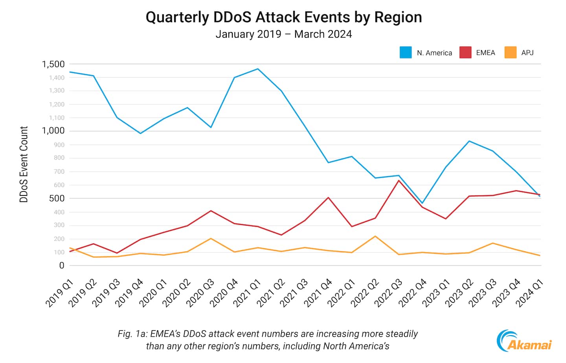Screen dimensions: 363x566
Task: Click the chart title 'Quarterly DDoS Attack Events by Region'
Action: pyautogui.click(x=283, y=17)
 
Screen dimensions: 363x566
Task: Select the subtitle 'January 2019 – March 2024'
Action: pyautogui.click(x=283, y=34)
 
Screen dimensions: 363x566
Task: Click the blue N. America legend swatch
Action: pyautogui.click(x=406, y=53)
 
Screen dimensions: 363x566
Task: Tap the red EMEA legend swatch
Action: pyautogui.click(x=465, y=53)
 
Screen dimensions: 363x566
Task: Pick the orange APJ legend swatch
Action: pyautogui.click(x=510, y=53)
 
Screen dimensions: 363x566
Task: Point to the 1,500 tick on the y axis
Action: pyautogui.click(x=53, y=64)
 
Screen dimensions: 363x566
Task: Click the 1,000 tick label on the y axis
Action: pyautogui.click(x=53, y=131)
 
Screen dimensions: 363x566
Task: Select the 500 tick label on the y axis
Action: pyautogui.click(x=57, y=199)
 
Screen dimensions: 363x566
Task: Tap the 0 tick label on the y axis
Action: pyautogui.click(x=62, y=266)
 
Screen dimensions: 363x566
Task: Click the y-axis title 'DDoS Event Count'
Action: pyautogui.click(x=24, y=164)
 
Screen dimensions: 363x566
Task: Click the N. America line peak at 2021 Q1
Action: pyautogui.click(x=257, y=69)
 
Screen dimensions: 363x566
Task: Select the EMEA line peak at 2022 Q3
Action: pyautogui.click(x=399, y=181)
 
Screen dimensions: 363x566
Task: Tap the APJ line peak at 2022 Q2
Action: pyautogui.click(x=375, y=236)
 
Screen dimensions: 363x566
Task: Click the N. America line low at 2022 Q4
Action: pyautogui.click(x=422, y=203)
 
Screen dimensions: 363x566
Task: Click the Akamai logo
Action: pyautogui.click(x=524, y=341)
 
